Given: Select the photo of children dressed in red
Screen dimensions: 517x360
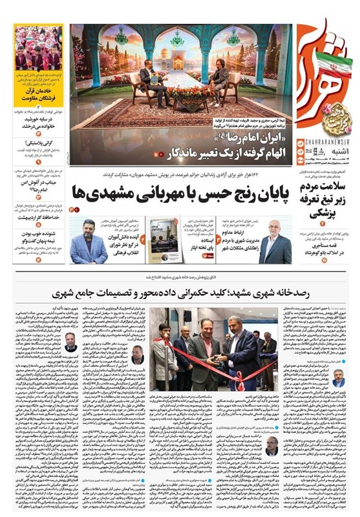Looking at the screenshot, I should click(x=39, y=48).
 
